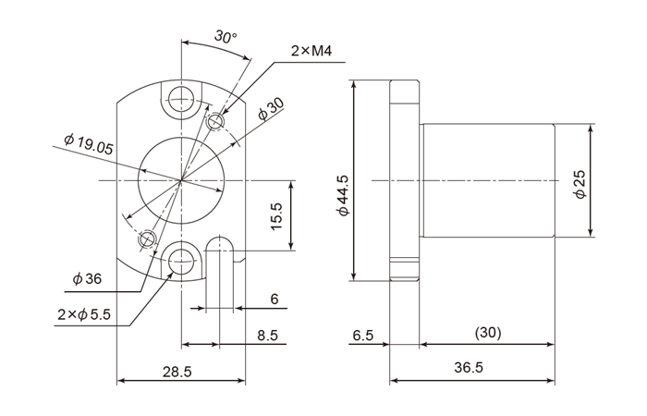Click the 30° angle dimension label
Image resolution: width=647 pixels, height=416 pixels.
click(x=225, y=37)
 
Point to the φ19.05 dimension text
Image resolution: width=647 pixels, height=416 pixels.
click(x=89, y=144)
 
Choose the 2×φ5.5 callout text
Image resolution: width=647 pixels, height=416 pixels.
click(x=83, y=315)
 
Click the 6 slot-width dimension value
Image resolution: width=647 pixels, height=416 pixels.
click(x=275, y=299)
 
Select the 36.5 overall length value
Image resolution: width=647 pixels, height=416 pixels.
click(x=470, y=368)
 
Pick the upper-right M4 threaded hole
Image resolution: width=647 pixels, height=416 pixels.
click(x=217, y=122)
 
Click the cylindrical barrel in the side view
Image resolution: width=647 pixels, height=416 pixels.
click(x=487, y=180)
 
